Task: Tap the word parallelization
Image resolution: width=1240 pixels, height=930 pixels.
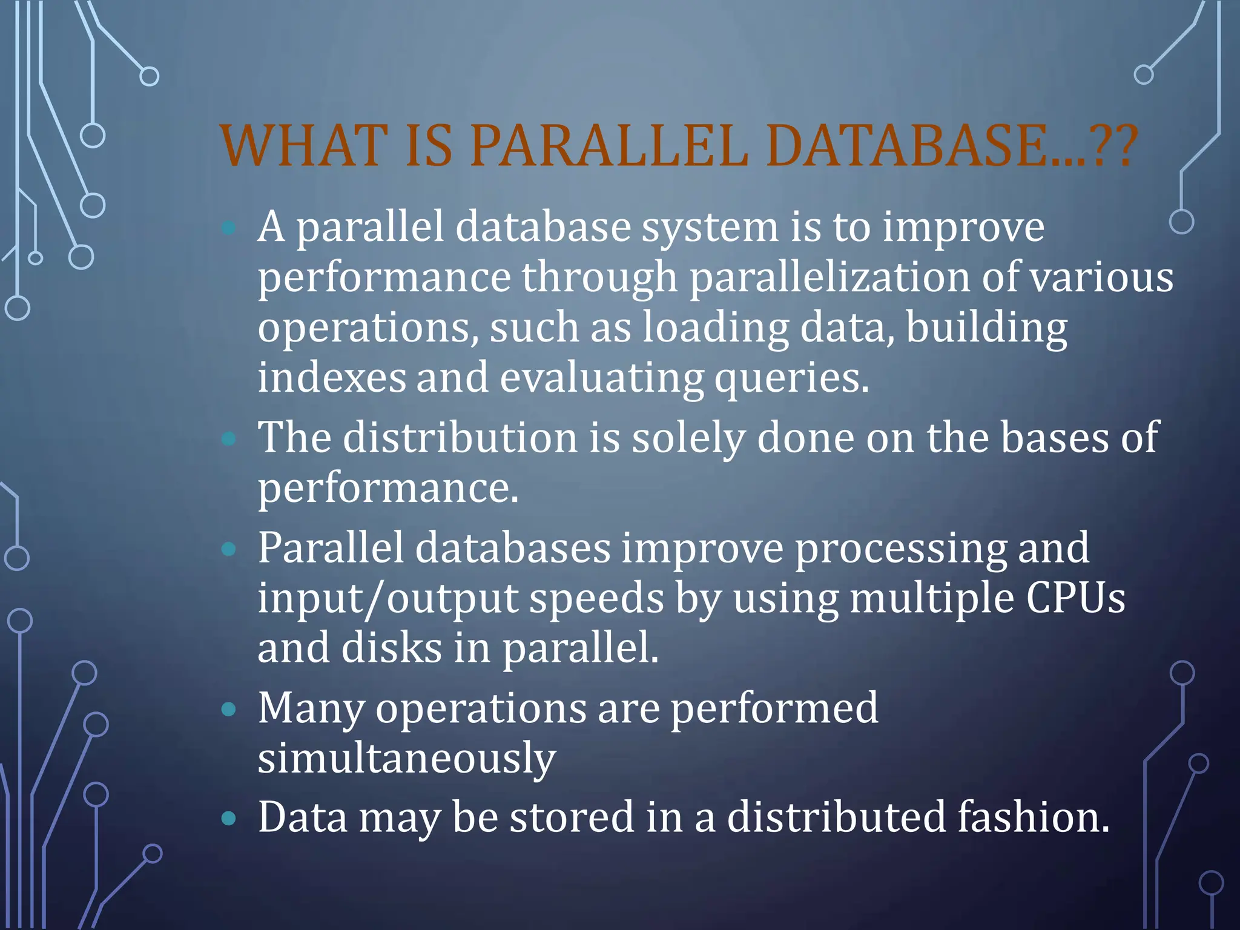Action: pyautogui.click(x=829, y=277)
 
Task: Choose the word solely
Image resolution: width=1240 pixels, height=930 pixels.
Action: pyautogui.click(x=688, y=437)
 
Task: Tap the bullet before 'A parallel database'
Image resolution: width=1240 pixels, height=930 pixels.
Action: pyautogui.click(x=228, y=228)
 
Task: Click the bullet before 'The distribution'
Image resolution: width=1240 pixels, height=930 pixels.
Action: pyautogui.click(x=228, y=438)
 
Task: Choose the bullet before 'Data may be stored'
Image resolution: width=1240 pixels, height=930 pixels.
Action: pyautogui.click(x=228, y=819)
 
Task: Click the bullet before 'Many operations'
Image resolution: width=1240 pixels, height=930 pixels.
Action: pyautogui.click(x=228, y=709)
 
